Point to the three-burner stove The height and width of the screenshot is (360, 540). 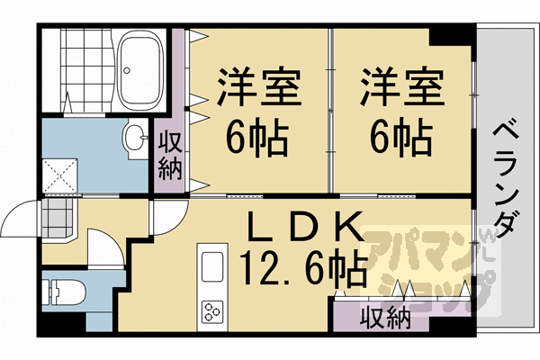click(x=214, y=313)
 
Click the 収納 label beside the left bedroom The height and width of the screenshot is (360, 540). click(x=169, y=155)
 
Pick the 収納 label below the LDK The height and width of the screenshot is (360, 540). click(x=386, y=318)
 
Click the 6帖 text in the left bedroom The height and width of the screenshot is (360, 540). click(x=256, y=138)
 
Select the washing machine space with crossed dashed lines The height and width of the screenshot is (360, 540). click(x=61, y=175)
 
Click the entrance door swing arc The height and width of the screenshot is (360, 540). click(x=22, y=216)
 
